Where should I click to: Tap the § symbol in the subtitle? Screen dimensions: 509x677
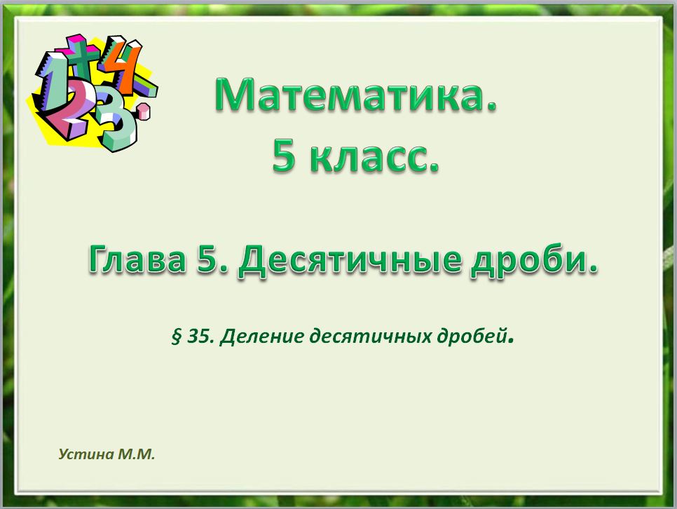176,337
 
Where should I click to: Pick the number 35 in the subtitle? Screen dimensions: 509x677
200,337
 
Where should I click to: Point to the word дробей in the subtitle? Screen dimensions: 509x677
474,337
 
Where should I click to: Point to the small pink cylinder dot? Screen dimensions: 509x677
144,109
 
